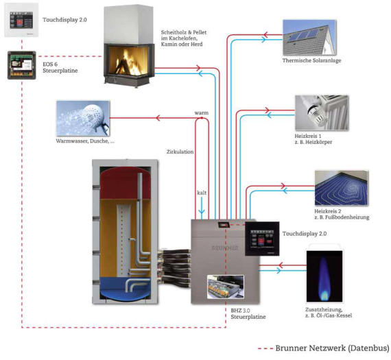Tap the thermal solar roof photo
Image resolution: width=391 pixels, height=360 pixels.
309,38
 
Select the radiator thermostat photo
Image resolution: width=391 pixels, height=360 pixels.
322,112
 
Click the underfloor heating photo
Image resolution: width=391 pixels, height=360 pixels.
342,188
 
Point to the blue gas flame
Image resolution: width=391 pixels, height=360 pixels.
324,278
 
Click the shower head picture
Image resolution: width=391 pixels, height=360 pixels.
83,118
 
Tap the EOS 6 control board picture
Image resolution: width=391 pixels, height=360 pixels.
22,65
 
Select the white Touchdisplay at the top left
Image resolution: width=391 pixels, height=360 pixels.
21,20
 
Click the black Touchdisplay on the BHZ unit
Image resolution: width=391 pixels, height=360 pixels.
262,239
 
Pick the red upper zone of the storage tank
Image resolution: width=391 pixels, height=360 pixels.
125,183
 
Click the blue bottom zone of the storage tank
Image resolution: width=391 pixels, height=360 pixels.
125,288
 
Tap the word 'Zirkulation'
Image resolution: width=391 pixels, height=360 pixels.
180,152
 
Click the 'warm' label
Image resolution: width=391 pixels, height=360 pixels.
202,113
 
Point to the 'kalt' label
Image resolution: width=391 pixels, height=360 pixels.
202,193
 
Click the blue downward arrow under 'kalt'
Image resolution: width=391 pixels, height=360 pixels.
202,206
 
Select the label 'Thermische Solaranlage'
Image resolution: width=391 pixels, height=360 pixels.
311,60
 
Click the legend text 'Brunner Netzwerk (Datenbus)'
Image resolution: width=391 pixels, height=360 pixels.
332,348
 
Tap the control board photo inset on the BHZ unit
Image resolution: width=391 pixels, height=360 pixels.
226,287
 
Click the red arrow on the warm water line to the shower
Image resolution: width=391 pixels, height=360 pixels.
158,118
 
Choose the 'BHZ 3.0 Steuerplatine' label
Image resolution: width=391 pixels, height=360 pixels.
248,313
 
